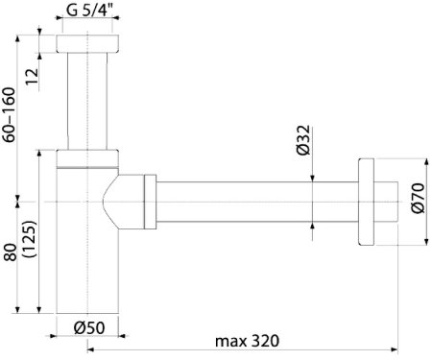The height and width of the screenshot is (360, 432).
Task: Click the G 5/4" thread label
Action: tap(90, 10)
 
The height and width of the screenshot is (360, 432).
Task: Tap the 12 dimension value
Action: tap(32, 77)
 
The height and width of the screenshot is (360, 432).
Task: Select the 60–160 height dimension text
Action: tap(9, 115)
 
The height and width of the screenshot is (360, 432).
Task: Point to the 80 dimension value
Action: tap(11, 252)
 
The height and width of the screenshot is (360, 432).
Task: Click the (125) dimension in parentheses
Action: tap(31, 239)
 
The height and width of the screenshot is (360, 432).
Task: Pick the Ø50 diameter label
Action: tap(89, 327)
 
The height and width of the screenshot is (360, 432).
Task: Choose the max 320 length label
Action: tap(247, 341)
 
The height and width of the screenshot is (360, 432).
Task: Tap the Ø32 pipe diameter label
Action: tap(303, 140)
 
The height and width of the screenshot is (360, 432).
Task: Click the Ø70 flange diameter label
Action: tap(418, 198)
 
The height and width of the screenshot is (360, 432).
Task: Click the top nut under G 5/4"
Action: tap(87, 43)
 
